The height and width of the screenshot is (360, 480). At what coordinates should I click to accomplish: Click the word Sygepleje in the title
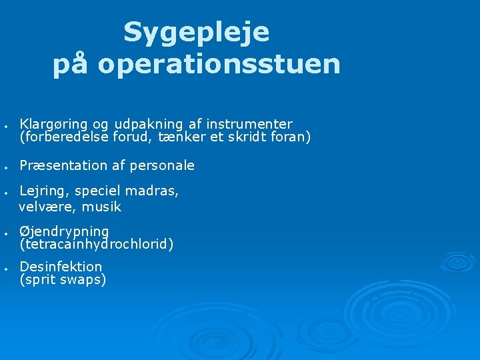click(196, 33)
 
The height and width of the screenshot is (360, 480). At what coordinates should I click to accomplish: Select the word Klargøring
click(53, 125)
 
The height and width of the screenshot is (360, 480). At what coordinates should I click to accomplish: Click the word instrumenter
click(249, 124)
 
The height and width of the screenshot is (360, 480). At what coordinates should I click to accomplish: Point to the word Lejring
click(41, 191)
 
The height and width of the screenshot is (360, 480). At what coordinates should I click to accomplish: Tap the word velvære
click(47, 207)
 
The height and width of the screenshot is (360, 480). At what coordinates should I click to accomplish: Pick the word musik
click(101, 207)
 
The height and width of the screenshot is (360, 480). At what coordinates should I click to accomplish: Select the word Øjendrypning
click(64, 231)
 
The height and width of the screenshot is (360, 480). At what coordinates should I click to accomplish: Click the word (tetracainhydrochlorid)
click(97, 244)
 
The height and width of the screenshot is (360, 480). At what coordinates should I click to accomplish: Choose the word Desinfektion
click(61, 267)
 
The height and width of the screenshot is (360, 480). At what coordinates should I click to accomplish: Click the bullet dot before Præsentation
click(5, 166)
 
